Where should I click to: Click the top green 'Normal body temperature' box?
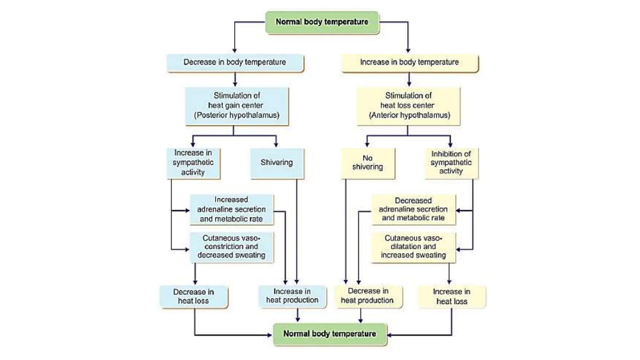[322, 22]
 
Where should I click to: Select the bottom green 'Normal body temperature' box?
[329, 334]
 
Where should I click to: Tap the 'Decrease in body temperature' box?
[235, 62]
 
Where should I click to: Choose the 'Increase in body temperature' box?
[409, 62]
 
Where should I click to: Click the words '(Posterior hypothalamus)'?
[237, 115]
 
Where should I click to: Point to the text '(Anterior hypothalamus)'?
[409, 115]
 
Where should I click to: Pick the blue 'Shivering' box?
[277, 163]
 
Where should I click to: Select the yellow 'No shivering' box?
[367, 163]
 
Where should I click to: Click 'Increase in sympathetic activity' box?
[193, 163]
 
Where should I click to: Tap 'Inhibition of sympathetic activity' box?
[451, 163]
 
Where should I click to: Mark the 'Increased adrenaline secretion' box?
[231, 209]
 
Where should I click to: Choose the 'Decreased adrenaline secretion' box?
[413, 209]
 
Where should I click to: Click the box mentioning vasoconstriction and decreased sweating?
[231, 247]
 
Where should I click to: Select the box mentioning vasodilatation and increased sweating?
[413, 247]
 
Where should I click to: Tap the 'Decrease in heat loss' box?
[193, 296]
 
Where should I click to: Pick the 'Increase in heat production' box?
[292, 296]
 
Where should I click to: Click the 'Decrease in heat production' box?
[367, 296]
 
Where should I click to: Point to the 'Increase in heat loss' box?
[452, 297]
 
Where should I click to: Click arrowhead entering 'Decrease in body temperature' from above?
[235, 51]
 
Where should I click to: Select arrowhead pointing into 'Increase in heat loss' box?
[449, 282]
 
